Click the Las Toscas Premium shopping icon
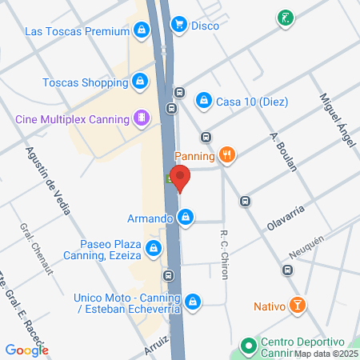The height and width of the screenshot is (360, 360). pos(141,31)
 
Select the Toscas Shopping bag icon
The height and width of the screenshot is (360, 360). pos(140,81)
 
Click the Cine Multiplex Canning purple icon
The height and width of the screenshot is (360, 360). pos(141,119)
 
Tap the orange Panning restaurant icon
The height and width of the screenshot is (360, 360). pos(228,155)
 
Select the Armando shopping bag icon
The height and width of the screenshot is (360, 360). pos(186,218)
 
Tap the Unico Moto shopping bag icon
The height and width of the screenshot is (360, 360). pos(192,301)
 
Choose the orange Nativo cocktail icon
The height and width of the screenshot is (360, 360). pos(297,306)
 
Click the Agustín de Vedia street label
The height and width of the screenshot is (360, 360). pos(49,180)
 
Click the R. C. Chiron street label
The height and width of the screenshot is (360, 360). pos(225,255)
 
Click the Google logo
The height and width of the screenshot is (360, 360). pos(26,350)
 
